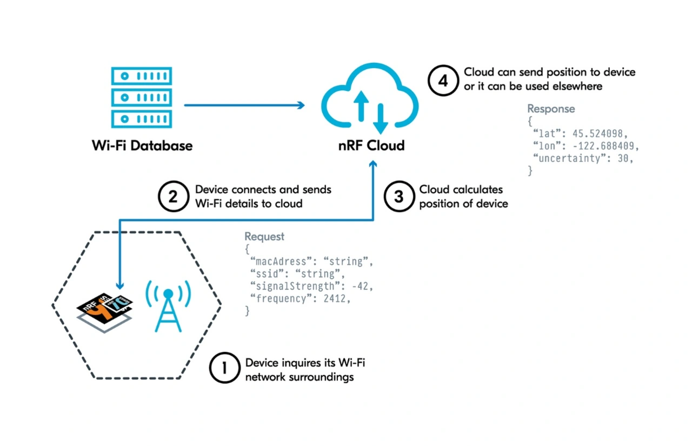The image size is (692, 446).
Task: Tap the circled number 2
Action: coord(174,196)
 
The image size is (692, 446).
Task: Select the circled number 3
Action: coord(398,196)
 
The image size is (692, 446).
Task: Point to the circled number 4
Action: coord(443,79)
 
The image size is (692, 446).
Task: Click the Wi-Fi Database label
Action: coord(141,145)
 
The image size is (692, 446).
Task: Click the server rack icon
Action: coord(141,98)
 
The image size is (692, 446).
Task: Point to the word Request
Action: coord(264,236)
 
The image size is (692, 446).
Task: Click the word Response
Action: coord(551,109)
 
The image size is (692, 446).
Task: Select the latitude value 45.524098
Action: coord(598,134)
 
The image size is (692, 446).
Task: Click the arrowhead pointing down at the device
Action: coord(120,285)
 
